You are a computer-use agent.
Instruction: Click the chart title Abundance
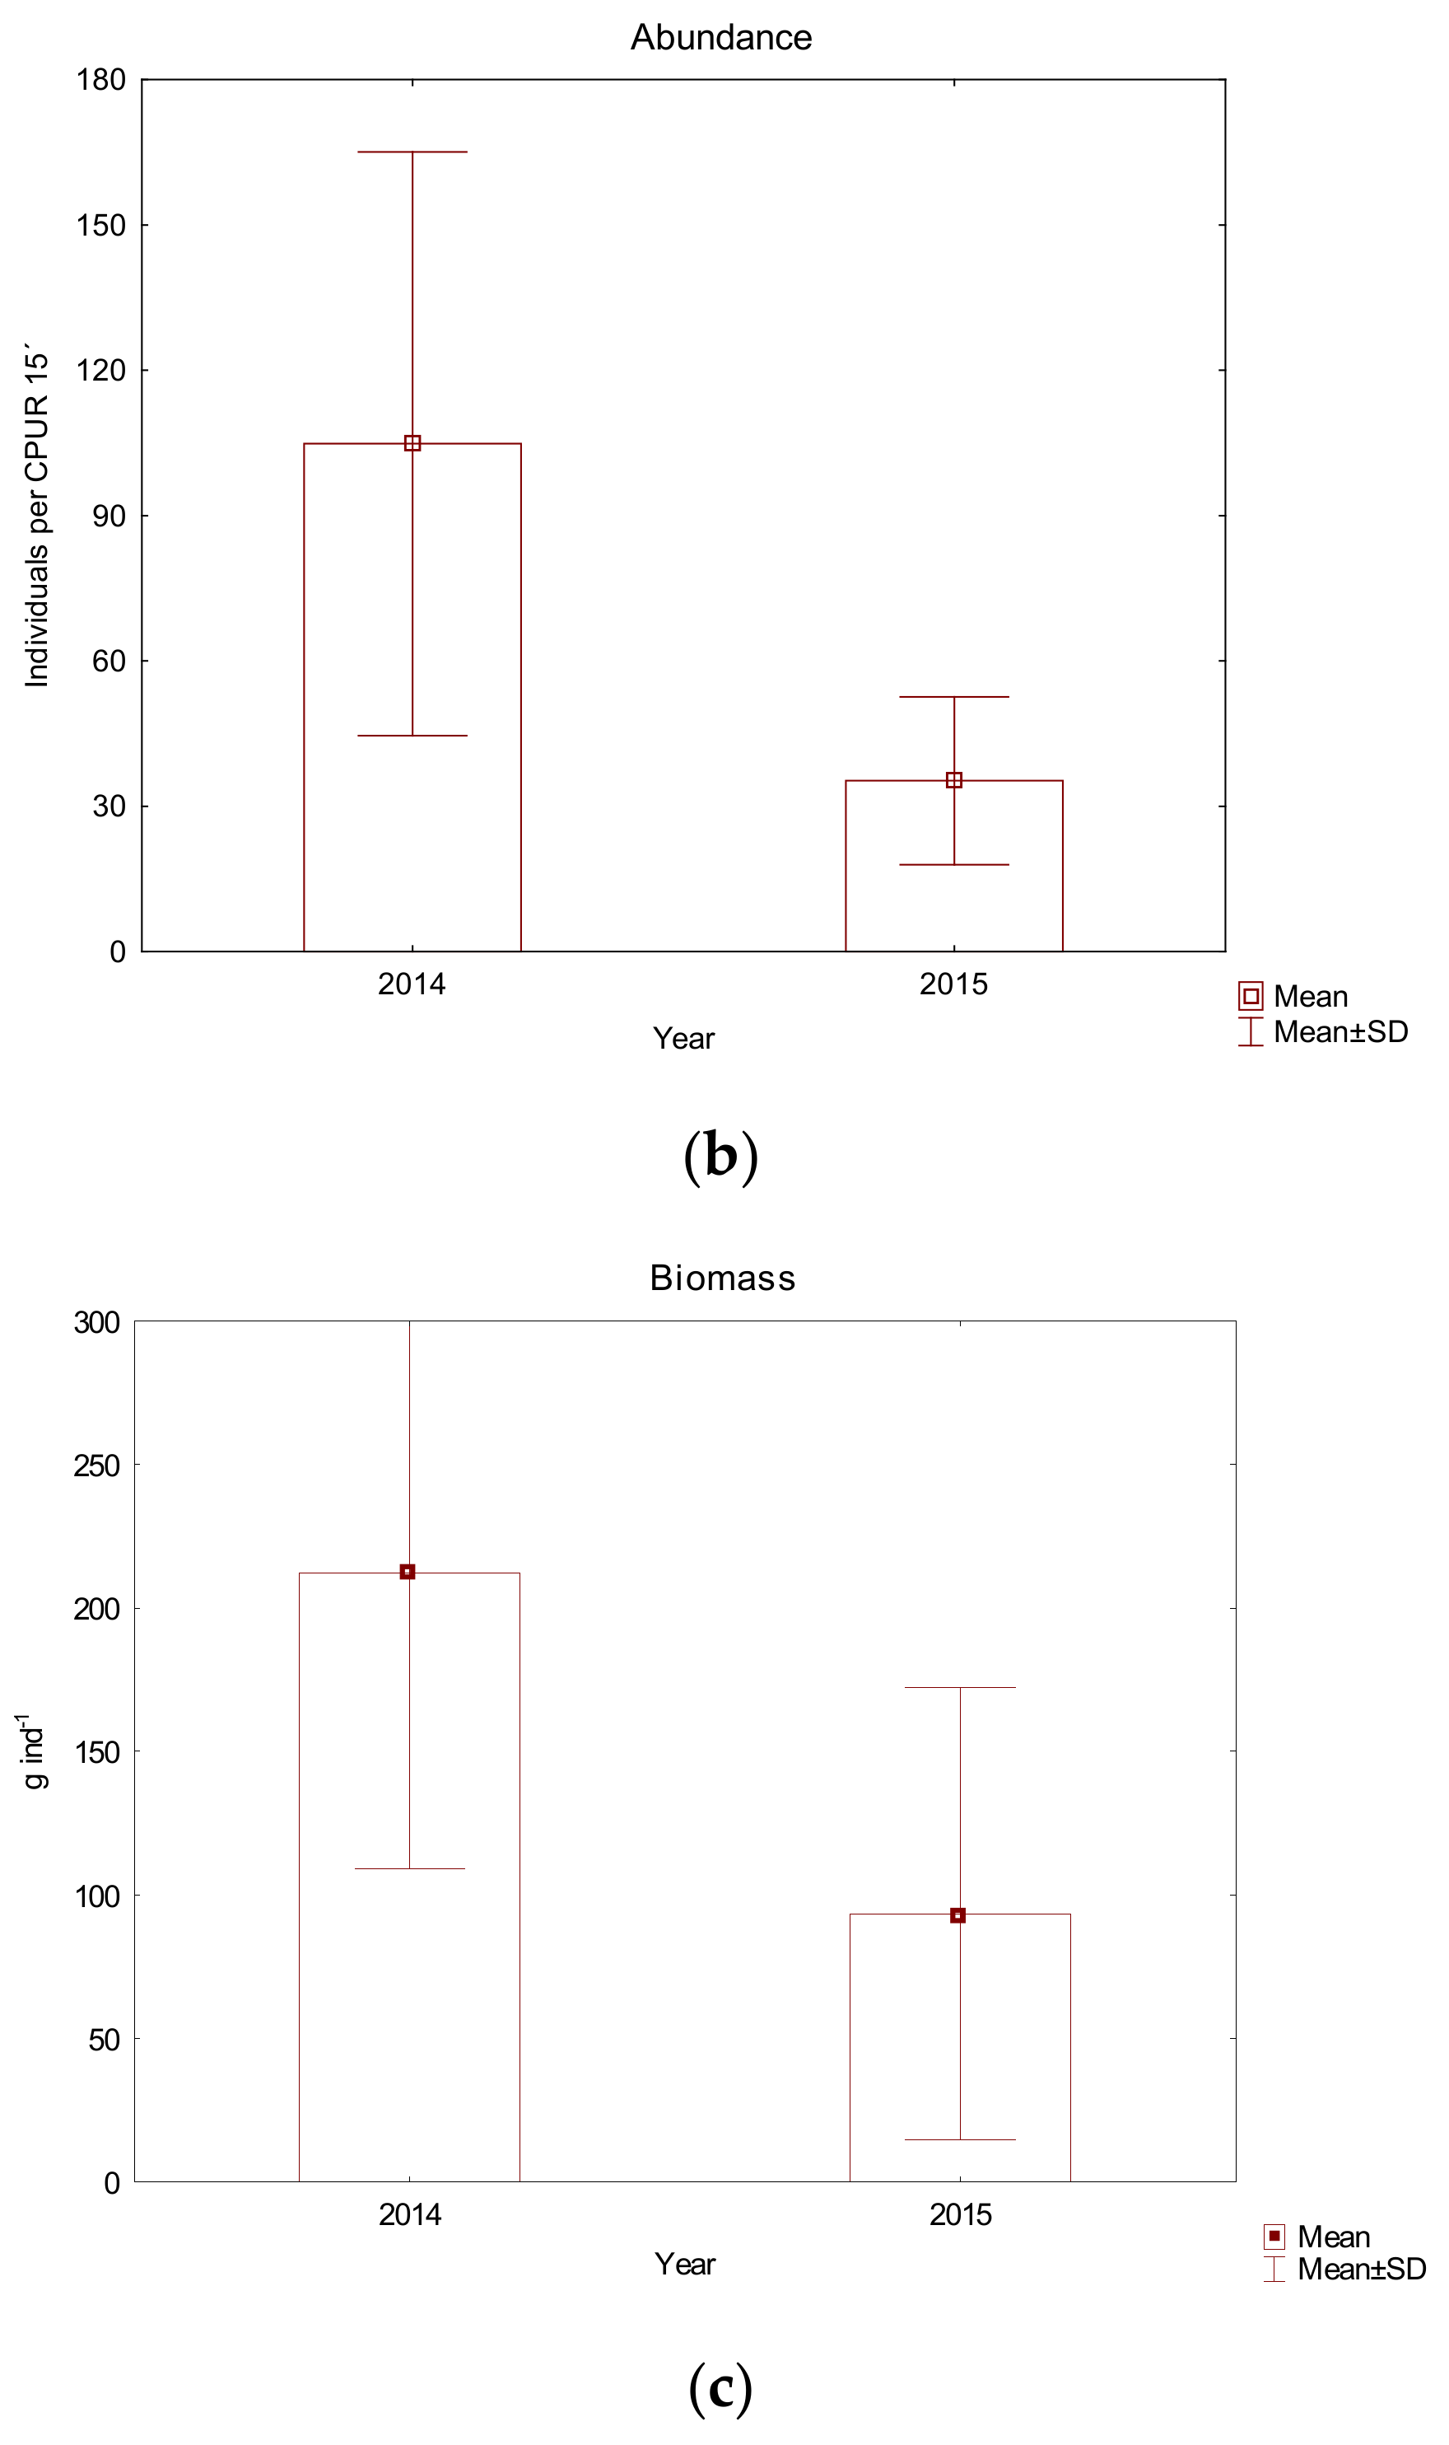(x=720, y=37)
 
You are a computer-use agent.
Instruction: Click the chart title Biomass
(x=723, y=1278)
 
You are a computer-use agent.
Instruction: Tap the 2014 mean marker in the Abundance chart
(x=412, y=443)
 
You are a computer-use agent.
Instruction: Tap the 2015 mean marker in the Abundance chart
(x=954, y=780)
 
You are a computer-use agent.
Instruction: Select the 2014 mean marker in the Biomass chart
(x=408, y=1572)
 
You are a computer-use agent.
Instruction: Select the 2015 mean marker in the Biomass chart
(x=957, y=1915)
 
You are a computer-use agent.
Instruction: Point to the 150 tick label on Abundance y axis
(x=100, y=226)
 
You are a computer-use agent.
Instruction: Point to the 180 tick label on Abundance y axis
(x=100, y=80)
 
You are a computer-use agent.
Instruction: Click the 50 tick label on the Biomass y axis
(x=104, y=2040)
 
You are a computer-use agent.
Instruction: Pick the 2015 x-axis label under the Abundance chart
(x=953, y=984)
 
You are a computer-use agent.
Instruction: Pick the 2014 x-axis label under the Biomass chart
(x=409, y=2214)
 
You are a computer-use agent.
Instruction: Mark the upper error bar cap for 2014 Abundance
(x=412, y=152)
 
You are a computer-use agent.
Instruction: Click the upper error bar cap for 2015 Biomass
(x=960, y=1687)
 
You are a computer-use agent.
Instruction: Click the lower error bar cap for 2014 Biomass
(x=409, y=1868)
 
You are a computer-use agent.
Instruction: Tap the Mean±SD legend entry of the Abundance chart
(x=1323, y=1032)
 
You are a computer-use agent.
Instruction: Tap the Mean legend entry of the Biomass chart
(x=1317, y=2237)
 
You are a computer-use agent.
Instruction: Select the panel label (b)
(x=720, y=1156)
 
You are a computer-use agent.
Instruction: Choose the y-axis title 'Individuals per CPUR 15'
(x=36, y=515)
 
